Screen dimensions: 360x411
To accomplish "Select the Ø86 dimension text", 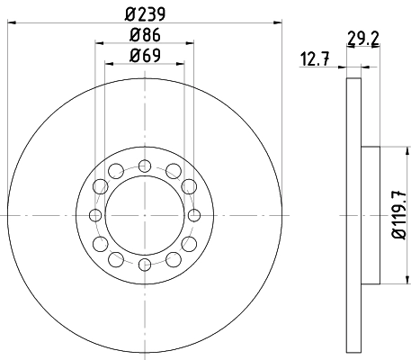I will (144, 36).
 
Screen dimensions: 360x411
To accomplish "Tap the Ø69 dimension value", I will (144, 57).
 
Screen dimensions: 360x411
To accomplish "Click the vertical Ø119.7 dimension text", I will (396, 215).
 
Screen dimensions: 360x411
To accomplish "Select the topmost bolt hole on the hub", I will (145, 165).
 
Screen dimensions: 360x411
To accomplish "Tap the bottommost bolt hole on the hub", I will (145, 264).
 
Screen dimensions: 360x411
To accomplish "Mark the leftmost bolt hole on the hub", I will (95, 214).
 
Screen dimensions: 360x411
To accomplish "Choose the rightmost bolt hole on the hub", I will (194, 214).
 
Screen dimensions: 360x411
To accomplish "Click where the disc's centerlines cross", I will (145, 214).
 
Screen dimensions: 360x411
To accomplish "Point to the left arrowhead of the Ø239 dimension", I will (8, 24).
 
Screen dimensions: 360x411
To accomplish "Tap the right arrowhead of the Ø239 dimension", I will (280, 24).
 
